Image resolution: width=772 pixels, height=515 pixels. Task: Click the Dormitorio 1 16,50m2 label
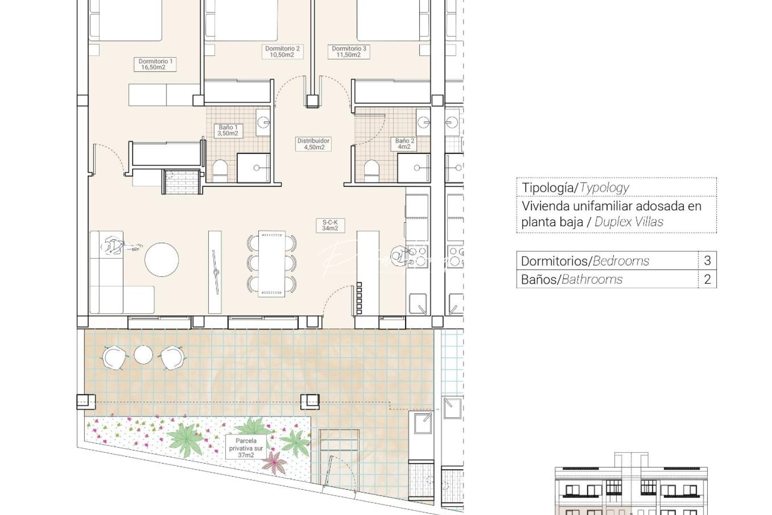155,64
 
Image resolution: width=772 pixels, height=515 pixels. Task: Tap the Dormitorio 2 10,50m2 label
282,51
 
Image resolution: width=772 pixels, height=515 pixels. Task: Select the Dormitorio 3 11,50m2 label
349,51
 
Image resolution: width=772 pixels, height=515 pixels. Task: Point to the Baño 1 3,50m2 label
228,130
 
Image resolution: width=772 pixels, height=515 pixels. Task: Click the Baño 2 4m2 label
405,144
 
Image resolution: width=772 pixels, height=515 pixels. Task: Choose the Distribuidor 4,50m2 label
313,144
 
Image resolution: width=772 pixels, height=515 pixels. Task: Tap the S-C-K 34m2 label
330,225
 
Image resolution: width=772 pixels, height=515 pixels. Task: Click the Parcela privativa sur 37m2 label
246,448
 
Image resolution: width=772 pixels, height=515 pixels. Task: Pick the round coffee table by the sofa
162,259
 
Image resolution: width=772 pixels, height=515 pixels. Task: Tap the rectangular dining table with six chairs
272,263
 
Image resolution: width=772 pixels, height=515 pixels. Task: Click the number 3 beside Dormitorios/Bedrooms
707,260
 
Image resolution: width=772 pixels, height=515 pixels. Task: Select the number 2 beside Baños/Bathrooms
707,279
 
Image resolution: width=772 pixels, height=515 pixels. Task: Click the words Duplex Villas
629,222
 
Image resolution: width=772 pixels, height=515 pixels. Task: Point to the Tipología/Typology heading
575,187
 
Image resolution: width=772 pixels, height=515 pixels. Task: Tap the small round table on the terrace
143,354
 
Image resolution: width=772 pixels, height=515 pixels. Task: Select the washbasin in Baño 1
263,122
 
